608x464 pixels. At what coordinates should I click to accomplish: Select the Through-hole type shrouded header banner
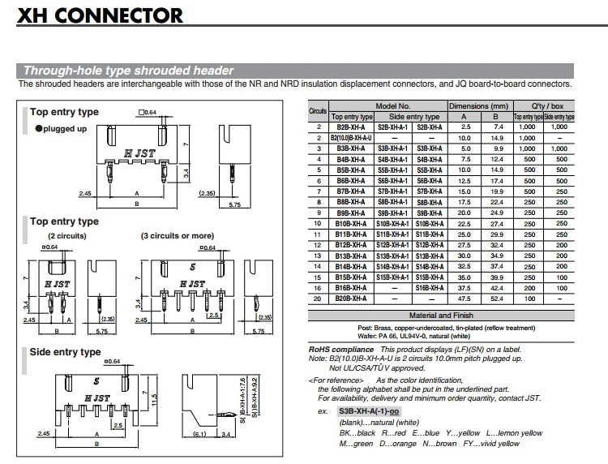(128, 71)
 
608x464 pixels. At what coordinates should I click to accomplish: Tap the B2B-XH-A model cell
(351, 127)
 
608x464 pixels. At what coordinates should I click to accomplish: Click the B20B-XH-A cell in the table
(351, 299)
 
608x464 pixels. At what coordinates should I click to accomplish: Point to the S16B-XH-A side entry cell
(430, 288)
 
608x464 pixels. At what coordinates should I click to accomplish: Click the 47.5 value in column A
(465, 299)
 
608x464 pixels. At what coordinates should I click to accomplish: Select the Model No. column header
(393, 106)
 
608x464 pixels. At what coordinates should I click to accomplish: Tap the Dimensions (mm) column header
(478, 106)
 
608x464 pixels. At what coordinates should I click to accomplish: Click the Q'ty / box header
(546, 106)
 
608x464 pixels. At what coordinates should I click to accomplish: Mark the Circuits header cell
(318, 111)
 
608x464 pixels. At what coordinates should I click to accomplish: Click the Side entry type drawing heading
(65, 352)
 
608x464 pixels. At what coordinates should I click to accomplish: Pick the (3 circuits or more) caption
(177, 236)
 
